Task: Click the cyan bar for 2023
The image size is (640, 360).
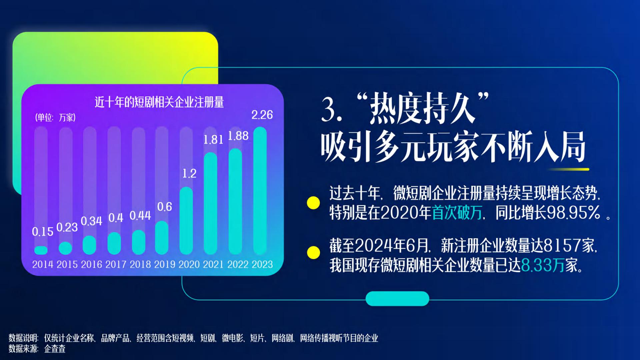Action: click(260, 191)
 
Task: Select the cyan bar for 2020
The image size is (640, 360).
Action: click(186, 221)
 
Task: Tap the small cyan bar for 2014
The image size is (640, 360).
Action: click(41, 250)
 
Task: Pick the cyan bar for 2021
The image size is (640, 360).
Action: click(210, 203)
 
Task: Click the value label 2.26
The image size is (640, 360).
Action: click(262, 115)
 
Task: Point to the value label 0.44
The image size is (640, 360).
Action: click(140, 216)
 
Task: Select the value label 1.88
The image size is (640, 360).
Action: click(238, 136)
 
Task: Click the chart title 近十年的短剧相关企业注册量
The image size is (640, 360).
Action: click(159, 102)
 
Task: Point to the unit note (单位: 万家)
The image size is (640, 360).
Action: click(55, 117)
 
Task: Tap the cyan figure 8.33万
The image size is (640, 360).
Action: click(543, 266)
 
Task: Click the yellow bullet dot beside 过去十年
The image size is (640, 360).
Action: click(313, 203)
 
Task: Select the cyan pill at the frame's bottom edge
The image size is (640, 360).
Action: click(397, 299)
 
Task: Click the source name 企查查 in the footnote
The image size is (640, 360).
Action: click(55, 349)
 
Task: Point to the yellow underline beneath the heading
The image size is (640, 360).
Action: click(568, 169)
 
